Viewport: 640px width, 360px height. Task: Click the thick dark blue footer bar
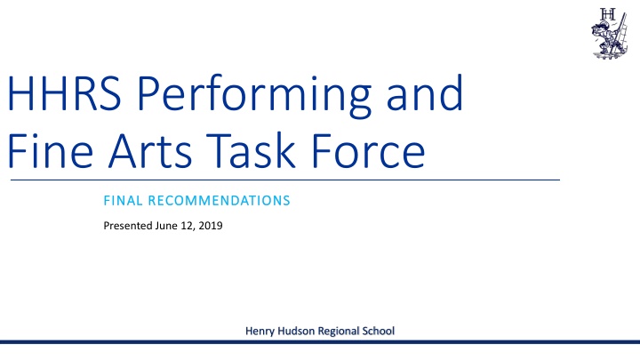320,342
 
